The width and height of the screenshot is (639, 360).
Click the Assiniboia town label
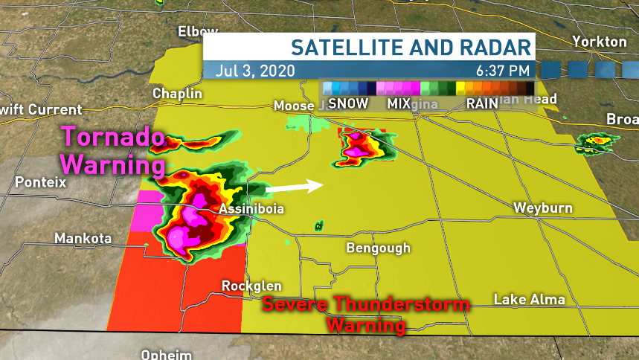pyautogui.click(x=251, y=210)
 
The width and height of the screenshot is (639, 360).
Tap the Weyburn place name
pyautogui.click(x=543, y=208)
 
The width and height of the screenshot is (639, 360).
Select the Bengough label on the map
pyautogui.click(x=378, y=248)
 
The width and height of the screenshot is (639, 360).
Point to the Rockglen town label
pyautogui.click(x=251, y=286)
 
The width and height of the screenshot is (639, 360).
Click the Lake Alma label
pyautogui.click(x=530, y=300)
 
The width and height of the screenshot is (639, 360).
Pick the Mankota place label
pyautogui.click(x=83, y=239)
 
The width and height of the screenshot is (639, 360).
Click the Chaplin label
pyautogui.click(x=177, y=94)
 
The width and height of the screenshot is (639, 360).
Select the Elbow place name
pyautogui.click(x=198, y=31)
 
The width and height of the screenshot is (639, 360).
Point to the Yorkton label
pyautogui.click(x=600, y=42)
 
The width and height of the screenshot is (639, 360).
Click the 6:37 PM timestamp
pyautogui.click(x=504, y=71)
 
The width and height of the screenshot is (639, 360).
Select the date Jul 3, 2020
pyautogui.click(x=256, y=71)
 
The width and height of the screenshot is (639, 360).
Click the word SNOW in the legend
pyautogui.click(x=348, y=103)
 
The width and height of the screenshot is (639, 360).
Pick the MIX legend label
pyautogui.click(x=399, y=103)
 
